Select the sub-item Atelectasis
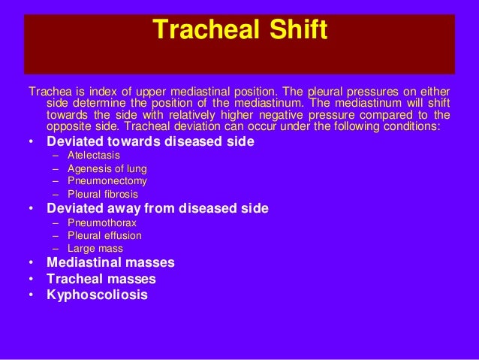(x=94, y=155)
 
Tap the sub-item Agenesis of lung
(x=107, y=168)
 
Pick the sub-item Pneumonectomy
(x=107, y=181)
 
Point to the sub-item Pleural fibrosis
(x=103, y=194)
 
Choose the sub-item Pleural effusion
(x=104, y=235)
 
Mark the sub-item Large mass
(x=95, y=248)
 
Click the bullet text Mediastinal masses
(x=110, y=262)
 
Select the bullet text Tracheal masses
(x=101, y=279)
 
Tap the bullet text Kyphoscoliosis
(x=97, y=295)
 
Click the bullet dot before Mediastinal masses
(x=31, y=263)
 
